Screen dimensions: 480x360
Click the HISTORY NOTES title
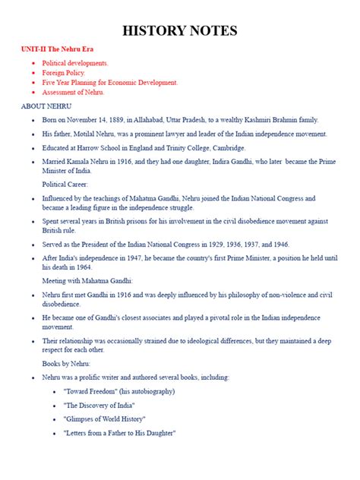coord(180,31)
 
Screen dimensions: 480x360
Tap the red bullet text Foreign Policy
coord(64,72)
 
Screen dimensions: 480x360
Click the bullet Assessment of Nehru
coord(74,92)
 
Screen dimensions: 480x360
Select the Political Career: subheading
coord(65,184)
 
